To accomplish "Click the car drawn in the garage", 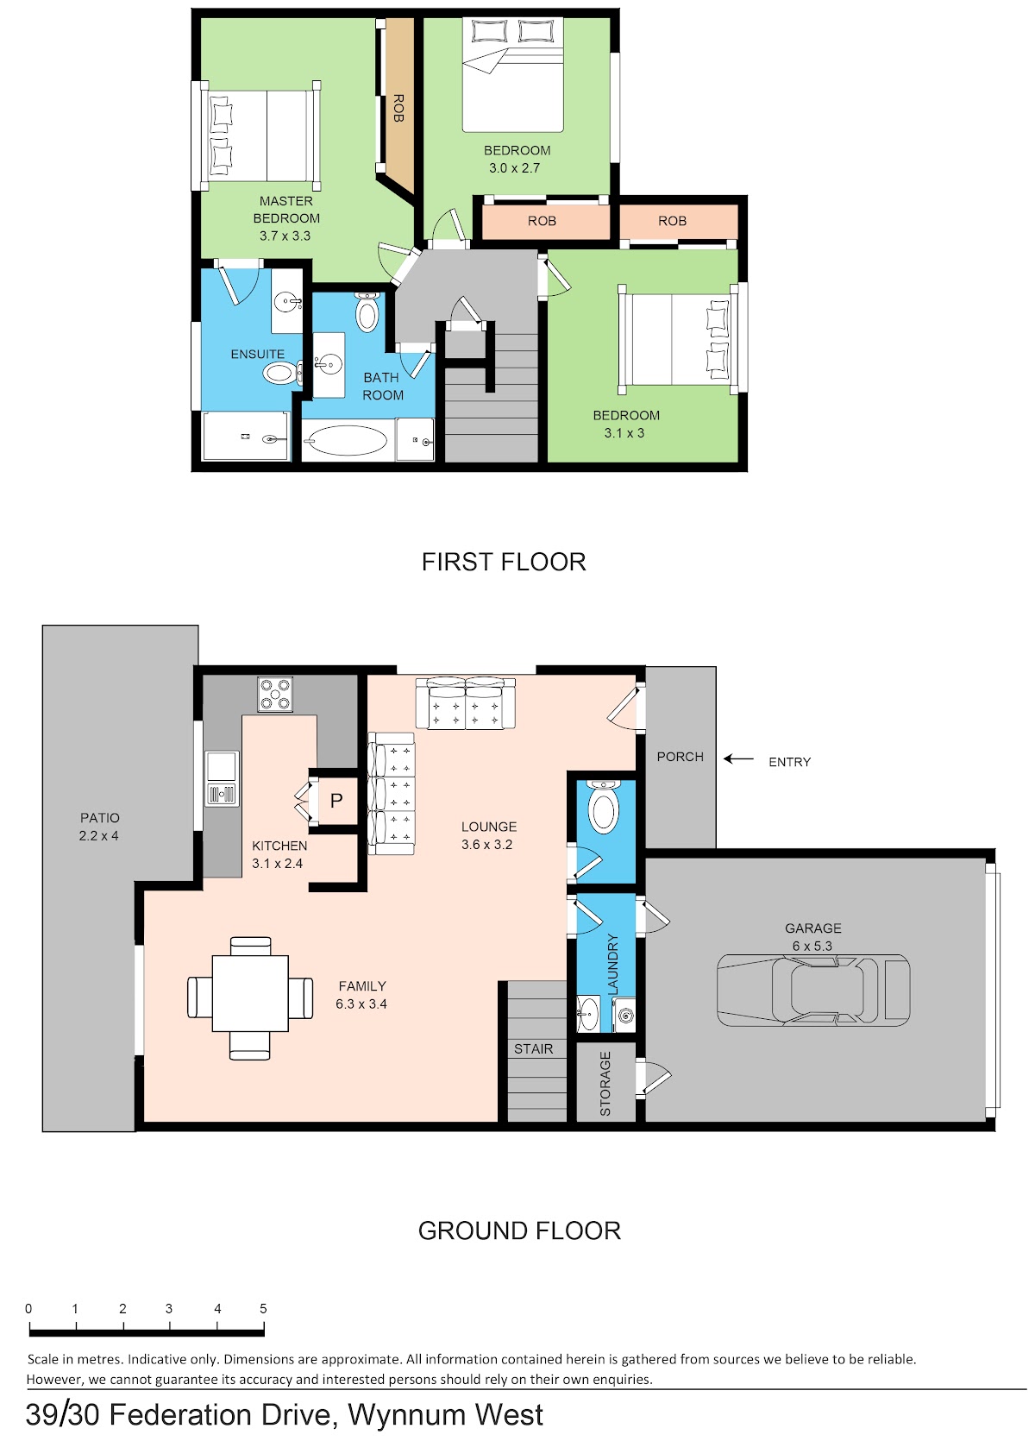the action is click(x=812, y=990).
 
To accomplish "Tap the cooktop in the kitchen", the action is click(x=274, y=694).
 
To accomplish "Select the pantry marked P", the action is click(x=336, y=801).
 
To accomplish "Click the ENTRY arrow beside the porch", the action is click(x=738, y=759).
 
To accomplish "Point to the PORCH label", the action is click(x=681, y=757).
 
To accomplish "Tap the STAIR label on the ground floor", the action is click(x=533, y=1049).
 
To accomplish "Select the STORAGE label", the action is click(x=605, y=1083).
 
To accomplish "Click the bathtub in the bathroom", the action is click(x=347, y=441).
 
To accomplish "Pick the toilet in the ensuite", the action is click(x=283, y=373).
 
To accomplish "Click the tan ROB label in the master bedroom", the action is click(x=398, y=108).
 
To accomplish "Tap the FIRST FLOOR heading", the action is click(x=504, y=563).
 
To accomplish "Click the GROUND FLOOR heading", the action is click(x=519, y=1230).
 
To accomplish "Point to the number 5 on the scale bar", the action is click(x=263, y=1308).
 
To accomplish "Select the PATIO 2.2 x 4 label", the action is click(x=99, y=827).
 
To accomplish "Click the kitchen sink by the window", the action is click(x=222, y=778).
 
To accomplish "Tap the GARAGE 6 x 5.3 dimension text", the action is click(x=812, y=947).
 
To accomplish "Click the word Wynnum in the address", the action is click(x=406, y=1415).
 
